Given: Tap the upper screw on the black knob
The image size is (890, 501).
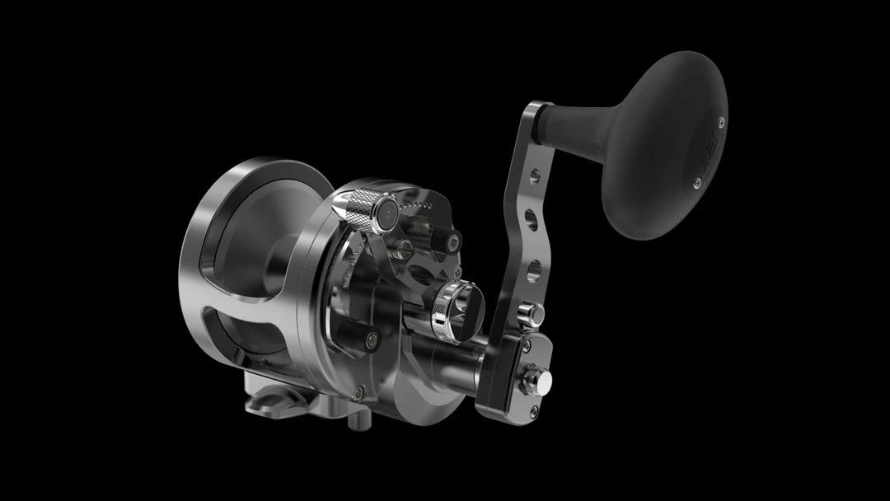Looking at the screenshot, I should pos(721,123).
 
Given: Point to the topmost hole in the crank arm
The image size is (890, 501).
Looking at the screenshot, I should pos(536,175).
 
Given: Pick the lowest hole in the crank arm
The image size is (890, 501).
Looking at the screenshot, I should pos(534,268).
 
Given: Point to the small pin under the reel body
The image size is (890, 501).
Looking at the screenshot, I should pos(354,420).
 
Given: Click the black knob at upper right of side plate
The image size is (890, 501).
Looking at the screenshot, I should pos(449,241).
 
